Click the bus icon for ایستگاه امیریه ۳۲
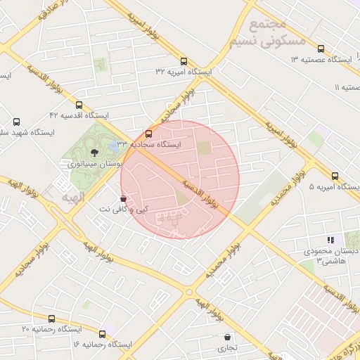click(x=184, y=61)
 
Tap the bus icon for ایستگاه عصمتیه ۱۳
click(x=321, y=49)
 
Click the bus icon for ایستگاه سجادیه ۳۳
click(x=148, y=134)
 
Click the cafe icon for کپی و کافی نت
click(x=124, y=199)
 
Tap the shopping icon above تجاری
click(x=226, y=337)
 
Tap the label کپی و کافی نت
click(x=122, y=210)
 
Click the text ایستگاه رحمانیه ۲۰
click(x=51, y=329)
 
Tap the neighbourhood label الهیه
click(x=72, y=198)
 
